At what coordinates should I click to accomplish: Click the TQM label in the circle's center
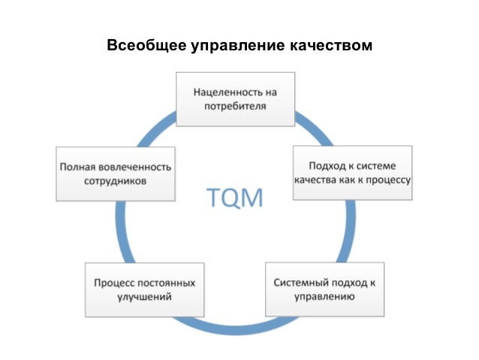click(234, 198)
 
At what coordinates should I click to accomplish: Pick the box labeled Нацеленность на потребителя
click(236, 99)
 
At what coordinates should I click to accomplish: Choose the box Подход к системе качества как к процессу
click(351, 173)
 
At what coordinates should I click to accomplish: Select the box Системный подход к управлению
click(324, 289)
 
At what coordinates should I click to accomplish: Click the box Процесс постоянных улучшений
click(144, 289)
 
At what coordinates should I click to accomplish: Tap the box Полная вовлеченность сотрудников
click(115, 174)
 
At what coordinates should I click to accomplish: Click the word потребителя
click(236, 107)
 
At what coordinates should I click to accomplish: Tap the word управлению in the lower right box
click(324, 298)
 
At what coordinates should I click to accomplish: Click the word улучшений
click(144, 298)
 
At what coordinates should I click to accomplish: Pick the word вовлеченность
click(134, 166)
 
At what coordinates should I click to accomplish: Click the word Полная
click(76, 166)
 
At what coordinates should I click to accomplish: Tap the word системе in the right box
click(377, 165)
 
